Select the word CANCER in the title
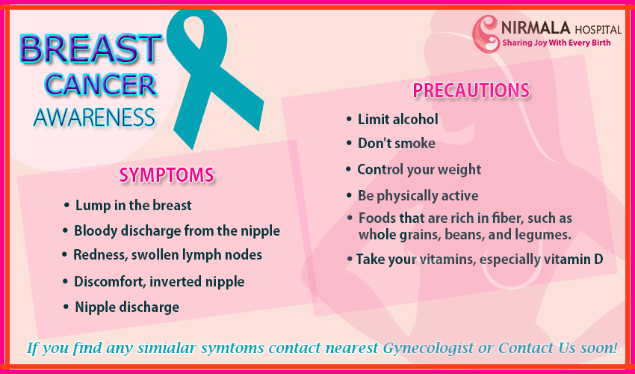pyautogui.click(x=99, y=85)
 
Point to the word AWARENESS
pyautogui.click(x=94, y=117)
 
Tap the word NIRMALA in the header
pyautogui.click(x=536, y=28)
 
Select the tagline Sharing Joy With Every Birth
pyautogui.click(x=557, y=43)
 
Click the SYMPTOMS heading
pyautogui.click(x=167, y=175)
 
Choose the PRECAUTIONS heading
pyautogui.click(x=471, y=91)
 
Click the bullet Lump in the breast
pyautogui.click(x=133, y=206)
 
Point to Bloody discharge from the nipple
pyautogui.click(x=177, y=231)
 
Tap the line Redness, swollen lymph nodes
pyautogui.click(x=167, y=255)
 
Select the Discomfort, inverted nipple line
pyautogui.click(x=159, y=281)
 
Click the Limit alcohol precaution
pyautogui.click(x=397, y=119)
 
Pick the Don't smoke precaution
pyautogui.click(x=397, y=143)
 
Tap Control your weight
pyautogui.click(x=419, y=170)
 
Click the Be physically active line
pyautogui.click(x=418, y=196)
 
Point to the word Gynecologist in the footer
pyautogui.click(x=428, y=349)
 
